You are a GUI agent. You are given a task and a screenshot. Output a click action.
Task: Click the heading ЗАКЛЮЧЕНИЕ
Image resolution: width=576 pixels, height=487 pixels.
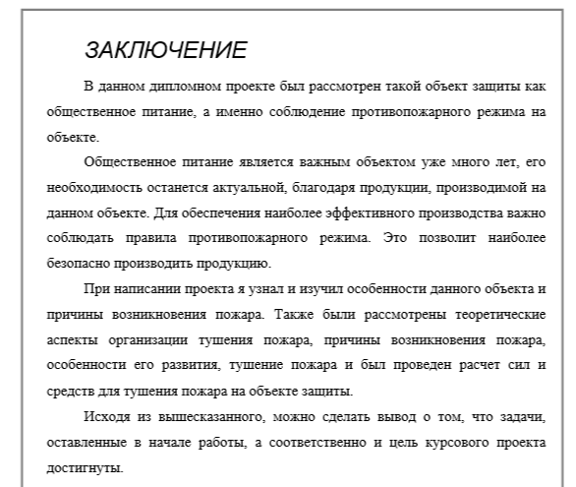164,49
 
